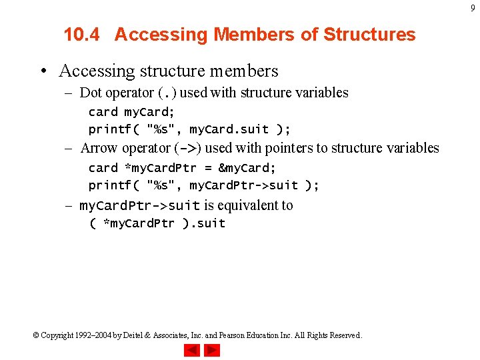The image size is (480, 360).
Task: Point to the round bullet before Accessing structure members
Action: coord(43,71)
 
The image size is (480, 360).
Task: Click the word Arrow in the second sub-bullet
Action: coord(99,148)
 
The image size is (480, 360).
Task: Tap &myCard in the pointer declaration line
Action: coord(247,167)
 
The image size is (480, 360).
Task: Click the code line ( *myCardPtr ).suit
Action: coord(157,223)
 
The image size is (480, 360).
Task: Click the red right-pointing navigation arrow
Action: coord(211,350)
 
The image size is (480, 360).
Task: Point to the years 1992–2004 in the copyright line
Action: coord(93,335)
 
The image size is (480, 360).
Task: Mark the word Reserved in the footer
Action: coord(344,335)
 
